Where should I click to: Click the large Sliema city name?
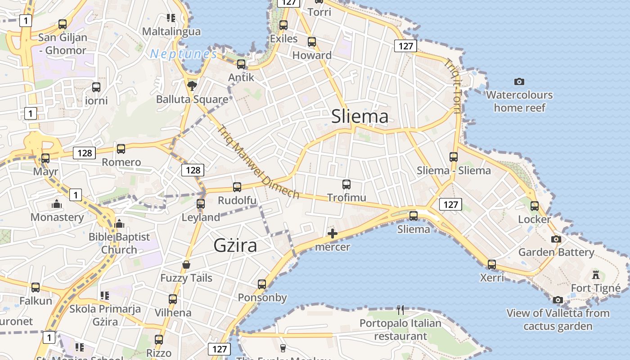pyautogui.click(x=360, y=117)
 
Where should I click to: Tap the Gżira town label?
pyautogui.click(x=235, y=246)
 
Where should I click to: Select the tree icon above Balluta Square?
pyautogui.click(x=192, y=85)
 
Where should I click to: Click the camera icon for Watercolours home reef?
pyautogui.click(x=519, y=81)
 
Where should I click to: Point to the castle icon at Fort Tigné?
pyautogui.click(x=596, y=274)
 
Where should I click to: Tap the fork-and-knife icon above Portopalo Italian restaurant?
pyautogui.click(x=400, y=310)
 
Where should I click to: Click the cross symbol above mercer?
pyautogui.click(x=333, y=234)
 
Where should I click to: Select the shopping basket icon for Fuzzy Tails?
pyautogui.click(x=186, y=265)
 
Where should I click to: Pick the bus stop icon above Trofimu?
pyautogui.click(x=346, y=184)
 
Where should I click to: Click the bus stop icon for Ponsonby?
pyautogui.click(x=262, y=284)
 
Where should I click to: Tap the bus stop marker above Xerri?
pyautogui.click(x=492, y=264)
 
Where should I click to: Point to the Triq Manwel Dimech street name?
pyautogui.click(x=258, y=162)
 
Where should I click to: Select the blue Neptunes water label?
pyautogui.click(x=184, y=54)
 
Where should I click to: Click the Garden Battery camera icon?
pyautogui.click(x=557, y=239)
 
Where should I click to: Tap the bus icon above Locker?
pyautogui.click(x=535, y=206)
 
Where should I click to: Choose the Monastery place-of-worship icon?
pyautogui.click(x=57, y=204)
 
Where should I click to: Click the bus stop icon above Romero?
pyautogui.click(x=121, y=149)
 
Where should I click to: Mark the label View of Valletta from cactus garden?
pyautogui.click(x=558, y=319)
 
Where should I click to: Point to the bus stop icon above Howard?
pyautogui.click(x=312, y=42)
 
